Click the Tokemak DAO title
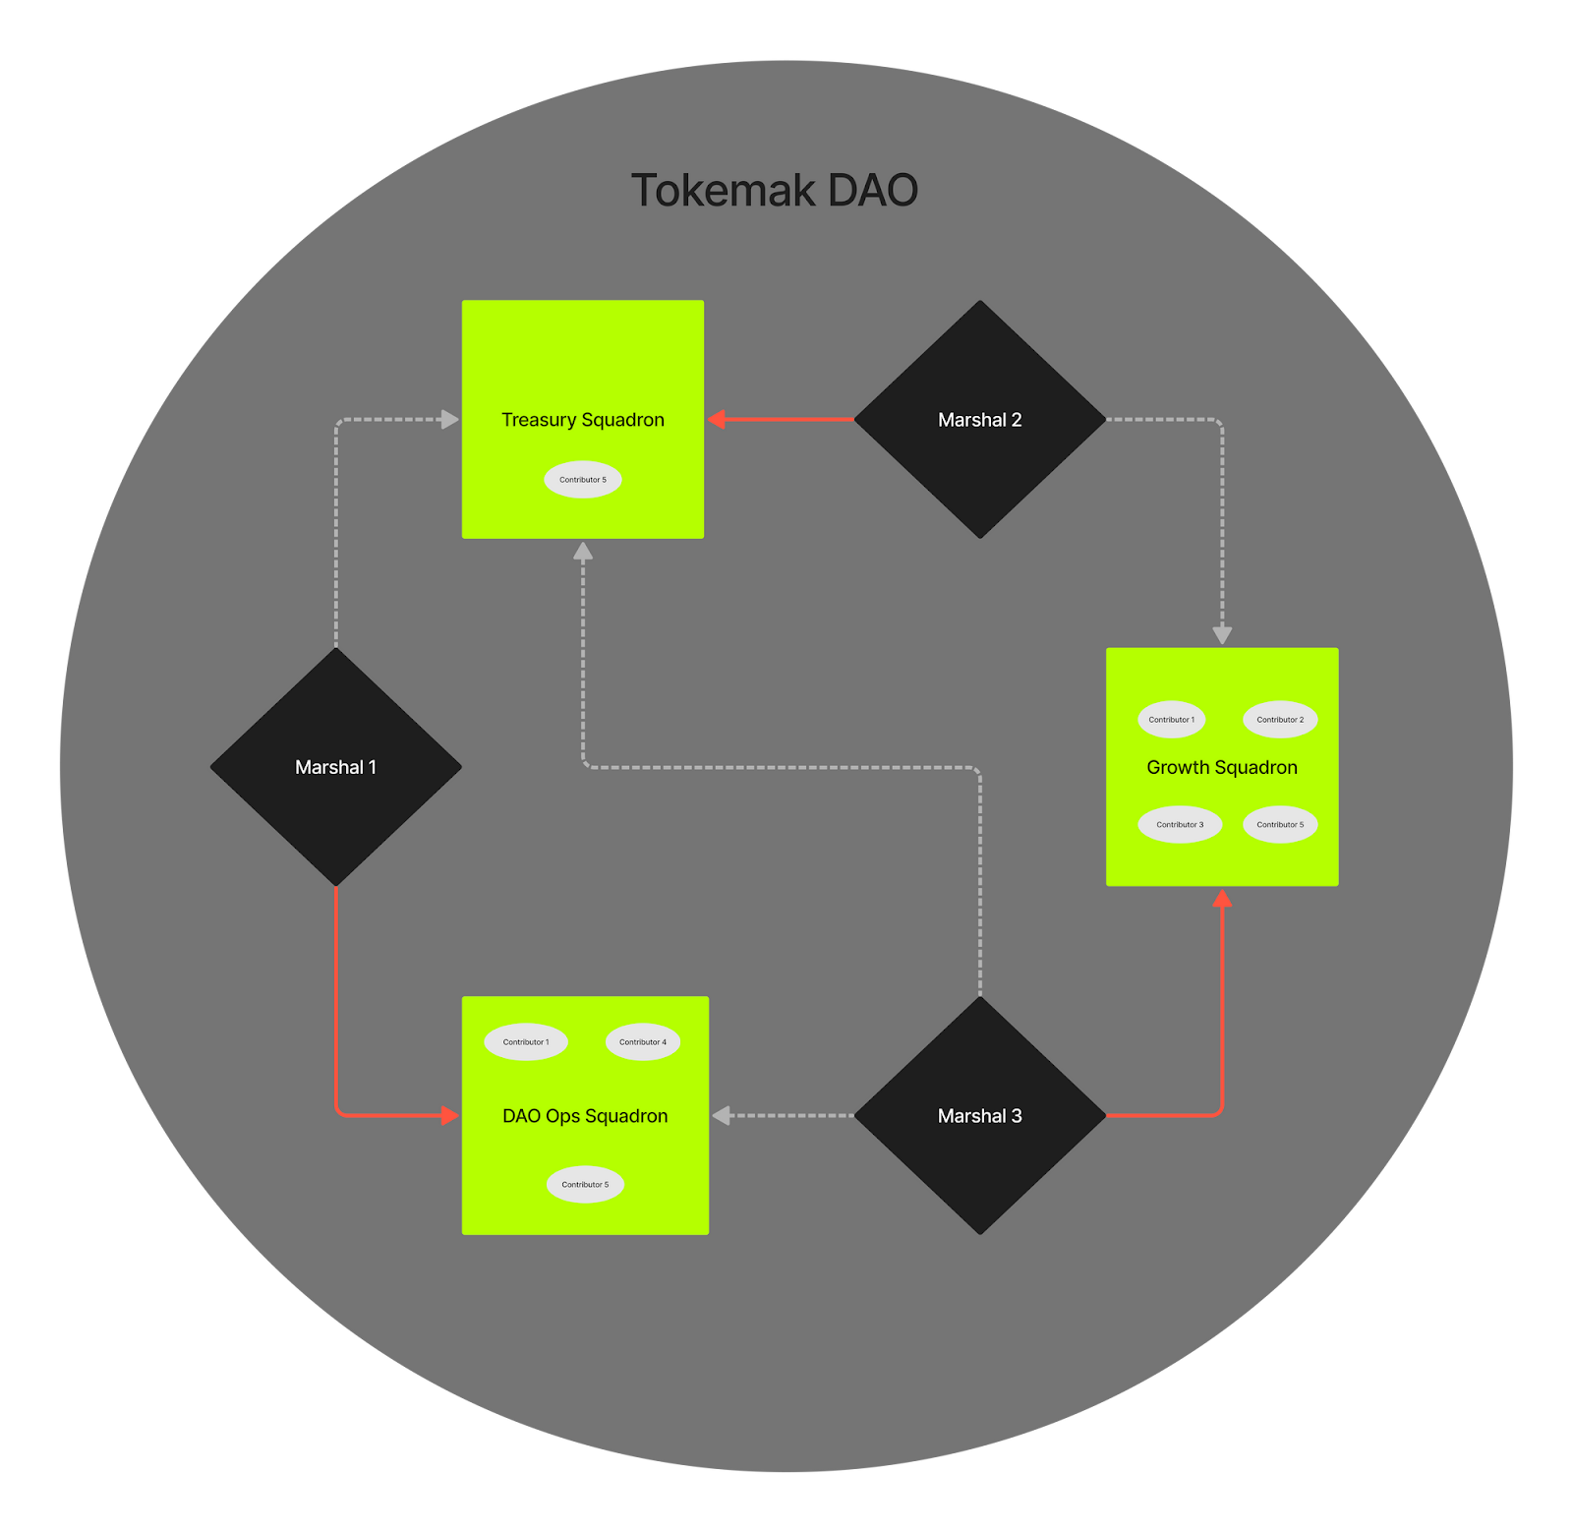[x=775, y=191]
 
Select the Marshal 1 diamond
[x=336, y=767]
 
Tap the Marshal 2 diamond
[x=979, y=420]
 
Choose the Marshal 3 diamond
[x=979, y=1116]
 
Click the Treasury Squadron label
[x=583, y=420]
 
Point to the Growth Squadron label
[x=1222, y=768]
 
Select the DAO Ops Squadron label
[x=585, y=1116]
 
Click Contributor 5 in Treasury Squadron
[x=583, y=480]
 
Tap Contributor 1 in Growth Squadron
[x=1172, y=720]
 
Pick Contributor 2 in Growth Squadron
[x=1280, y=720]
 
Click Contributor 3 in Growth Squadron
[x=1180, y=825]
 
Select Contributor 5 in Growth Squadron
[x=1280, y=825]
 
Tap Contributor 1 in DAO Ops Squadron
[x=526, y=1042]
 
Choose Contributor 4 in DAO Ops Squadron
[x=643, y=1042]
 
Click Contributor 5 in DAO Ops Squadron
[x=585, y=1185]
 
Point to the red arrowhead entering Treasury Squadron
[x=718, y=420]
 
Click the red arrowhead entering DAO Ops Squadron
[x=450, y=1115]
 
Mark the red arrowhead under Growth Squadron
[x=1222, y=898]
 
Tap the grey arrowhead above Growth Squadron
[x=1222, y=635]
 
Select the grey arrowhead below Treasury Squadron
[x=583, y=552]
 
